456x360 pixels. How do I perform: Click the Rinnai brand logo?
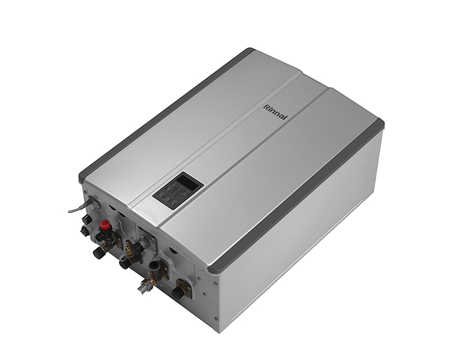[275, 112]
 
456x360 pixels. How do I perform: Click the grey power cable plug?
[89, 202]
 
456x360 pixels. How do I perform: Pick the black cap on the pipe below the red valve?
[99, 252]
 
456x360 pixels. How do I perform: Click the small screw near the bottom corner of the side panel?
[215, 319]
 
